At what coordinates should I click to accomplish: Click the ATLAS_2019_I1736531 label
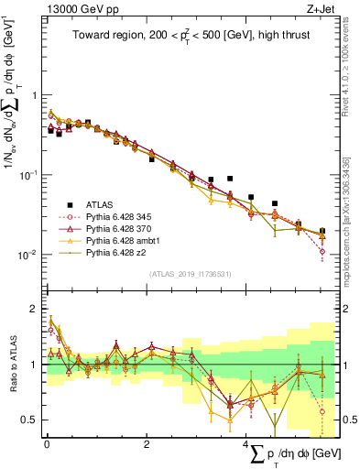click(x=191, y=274)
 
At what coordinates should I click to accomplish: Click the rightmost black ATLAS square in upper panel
click(x=322, y=231)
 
